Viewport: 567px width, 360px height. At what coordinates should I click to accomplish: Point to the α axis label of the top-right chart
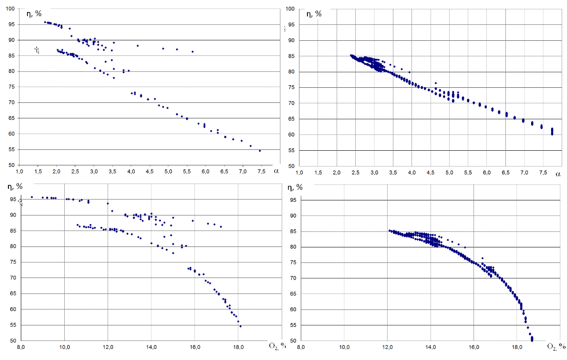[558, 175]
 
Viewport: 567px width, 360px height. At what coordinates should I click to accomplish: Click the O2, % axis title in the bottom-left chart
[276, 345]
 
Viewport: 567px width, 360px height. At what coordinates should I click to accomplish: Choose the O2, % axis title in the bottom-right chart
[555, 347]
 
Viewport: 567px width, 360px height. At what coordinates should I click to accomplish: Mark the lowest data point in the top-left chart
[260, 151]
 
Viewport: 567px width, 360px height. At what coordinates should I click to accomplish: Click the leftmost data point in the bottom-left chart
[32, 197]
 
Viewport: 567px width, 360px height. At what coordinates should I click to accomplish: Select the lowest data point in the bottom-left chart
[241, 326]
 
